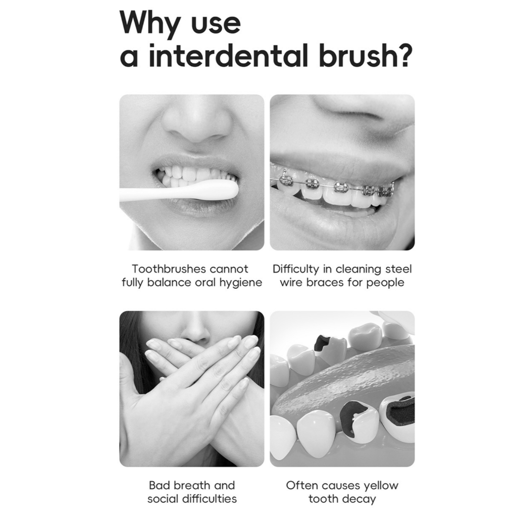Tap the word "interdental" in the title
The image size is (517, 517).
228,56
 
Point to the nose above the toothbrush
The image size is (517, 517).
195,122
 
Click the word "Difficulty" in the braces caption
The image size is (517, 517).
296,269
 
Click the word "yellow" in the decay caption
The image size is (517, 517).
381,486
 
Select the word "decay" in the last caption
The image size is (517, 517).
360,499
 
